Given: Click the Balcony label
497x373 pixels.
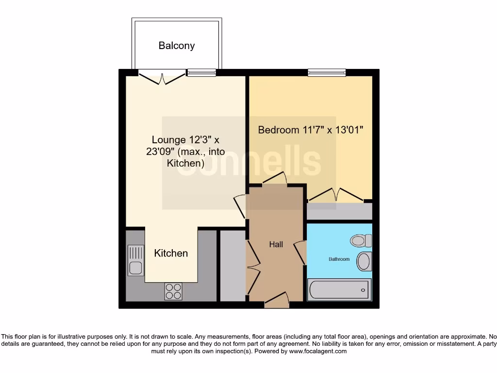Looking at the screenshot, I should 177,46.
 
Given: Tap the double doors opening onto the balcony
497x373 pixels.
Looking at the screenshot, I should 162,76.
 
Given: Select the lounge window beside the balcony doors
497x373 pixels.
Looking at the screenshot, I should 201,73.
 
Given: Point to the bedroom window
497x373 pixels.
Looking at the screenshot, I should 327,73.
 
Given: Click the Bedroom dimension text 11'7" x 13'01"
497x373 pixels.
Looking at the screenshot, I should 311,130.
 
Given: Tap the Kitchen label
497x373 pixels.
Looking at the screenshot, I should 171,253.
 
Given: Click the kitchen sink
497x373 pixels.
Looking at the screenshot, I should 135,260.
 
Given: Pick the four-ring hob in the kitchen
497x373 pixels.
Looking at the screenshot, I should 173,290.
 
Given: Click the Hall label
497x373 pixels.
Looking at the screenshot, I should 276,244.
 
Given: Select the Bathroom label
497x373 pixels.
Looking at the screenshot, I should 339,259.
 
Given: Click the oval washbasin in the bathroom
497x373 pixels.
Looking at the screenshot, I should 364,261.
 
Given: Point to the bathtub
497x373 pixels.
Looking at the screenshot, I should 338,290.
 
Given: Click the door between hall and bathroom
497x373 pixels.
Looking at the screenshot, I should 301,253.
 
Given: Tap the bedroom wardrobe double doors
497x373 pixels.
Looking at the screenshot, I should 336,196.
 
